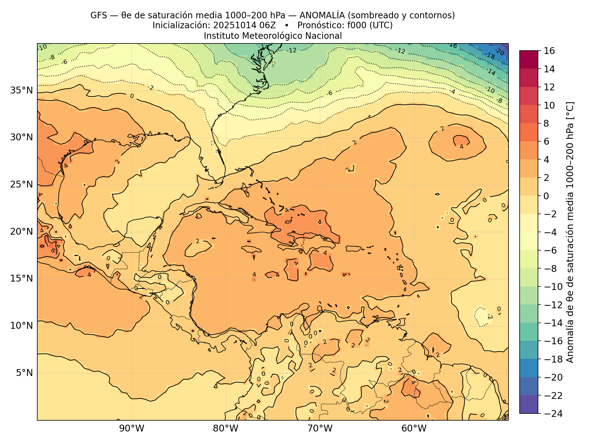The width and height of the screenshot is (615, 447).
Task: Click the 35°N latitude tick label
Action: pyautogui.click(x=21, y=91)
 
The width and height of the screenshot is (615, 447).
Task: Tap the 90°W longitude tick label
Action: pyautogui.click(x=132, y=429)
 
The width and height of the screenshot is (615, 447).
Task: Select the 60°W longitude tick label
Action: pyautogui.click(x=414, y=429)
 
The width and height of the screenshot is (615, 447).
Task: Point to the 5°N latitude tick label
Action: pyautogui.click(x=24, y=373)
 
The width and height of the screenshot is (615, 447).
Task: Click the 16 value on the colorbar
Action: pyautogui.click(x=550, y=51)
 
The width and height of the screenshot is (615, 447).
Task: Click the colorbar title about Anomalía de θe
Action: pyautogui.click(x=570, y=232)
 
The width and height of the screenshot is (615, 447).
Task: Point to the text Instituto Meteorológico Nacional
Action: pyautogui.click(x=273, y=36)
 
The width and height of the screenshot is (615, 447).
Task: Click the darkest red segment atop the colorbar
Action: pyautogui.click(x=529, y=59)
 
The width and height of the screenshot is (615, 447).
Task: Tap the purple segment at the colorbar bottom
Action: pyautogui.click(x=529, y=404)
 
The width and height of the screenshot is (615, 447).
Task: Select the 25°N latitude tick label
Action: pyautogui.click(x=21, y=185)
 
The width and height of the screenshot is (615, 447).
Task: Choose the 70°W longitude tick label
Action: pyautogui.click(x=320, y=429)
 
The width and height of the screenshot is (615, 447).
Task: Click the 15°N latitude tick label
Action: pyautogui.click(x=21, y=279)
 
